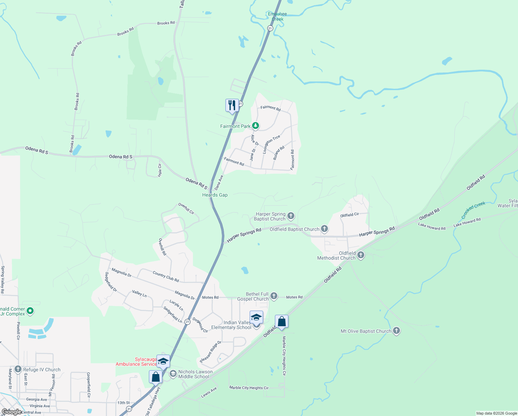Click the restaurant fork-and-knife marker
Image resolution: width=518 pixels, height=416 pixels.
tap(232, 105)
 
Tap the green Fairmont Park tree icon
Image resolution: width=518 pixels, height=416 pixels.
tap(256, 125)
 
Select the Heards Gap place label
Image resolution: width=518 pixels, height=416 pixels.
tap(215, 195)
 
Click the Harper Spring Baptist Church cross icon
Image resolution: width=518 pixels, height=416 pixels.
tap(291, 216)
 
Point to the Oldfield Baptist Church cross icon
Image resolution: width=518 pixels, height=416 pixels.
tap(324, 228)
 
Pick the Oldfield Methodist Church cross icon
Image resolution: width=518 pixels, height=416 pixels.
tap(361, 255)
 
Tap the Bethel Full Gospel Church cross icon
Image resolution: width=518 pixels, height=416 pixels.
tap(274, 296)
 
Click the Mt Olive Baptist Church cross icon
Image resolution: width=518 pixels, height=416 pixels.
tap(396, 331)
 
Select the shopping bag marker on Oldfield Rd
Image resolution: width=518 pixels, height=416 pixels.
tap(282, 321)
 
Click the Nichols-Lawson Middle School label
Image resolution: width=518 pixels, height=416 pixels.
tap(195, 374)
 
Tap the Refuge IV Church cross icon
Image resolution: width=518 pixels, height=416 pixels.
tap(18, 369)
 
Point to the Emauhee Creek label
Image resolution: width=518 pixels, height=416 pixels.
tap(277, 16)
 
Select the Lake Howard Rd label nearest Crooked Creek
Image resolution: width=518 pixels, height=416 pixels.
tap(467, 222)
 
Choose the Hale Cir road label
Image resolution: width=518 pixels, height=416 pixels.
tap(160, 170)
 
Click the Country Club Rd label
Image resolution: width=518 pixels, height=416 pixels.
tap(166, 276)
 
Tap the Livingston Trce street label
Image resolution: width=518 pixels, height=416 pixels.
tap(271, 144)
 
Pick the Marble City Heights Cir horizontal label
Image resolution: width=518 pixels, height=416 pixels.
tap(249, 388)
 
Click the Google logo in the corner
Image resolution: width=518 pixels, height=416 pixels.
tap(11, 411)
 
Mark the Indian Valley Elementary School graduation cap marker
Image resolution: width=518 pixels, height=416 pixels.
tap(256, 317)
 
